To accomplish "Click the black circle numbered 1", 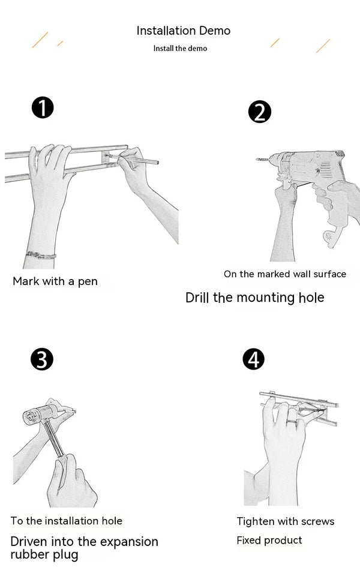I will tap(43, 109).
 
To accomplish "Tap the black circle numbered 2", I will tap(259, 112).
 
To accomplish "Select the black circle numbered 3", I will tap(41, 359).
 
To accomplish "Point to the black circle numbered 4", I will tap(253, 359).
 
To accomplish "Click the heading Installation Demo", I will tap(183, 31).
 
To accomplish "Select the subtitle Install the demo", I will tap(180, 48).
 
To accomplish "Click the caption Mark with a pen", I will tap(55, 281).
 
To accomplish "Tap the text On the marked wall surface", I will tap(285, 274).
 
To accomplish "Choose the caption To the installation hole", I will tap(66, 521).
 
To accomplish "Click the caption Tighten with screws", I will tap(286, 521).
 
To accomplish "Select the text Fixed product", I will tap(269, 541).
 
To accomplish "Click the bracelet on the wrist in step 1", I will tap(41, 255).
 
